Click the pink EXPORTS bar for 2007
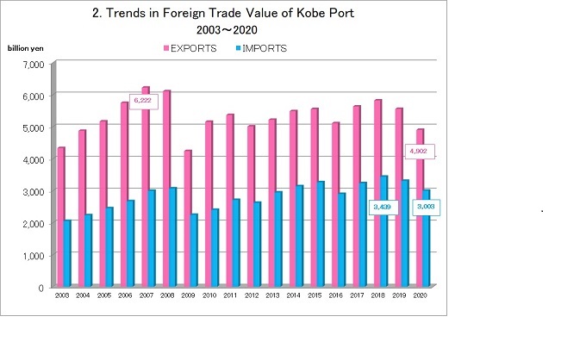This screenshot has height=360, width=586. click(x=146, y=189)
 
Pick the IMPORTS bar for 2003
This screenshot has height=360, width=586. click(x=67, y=253)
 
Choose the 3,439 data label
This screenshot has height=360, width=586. click(x=381, y=207)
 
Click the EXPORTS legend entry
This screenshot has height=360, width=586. click(x=189, y=48)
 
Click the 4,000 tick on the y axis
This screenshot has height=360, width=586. click(x=32, y=160)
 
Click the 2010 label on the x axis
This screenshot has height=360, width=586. click(x=209, y=295)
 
